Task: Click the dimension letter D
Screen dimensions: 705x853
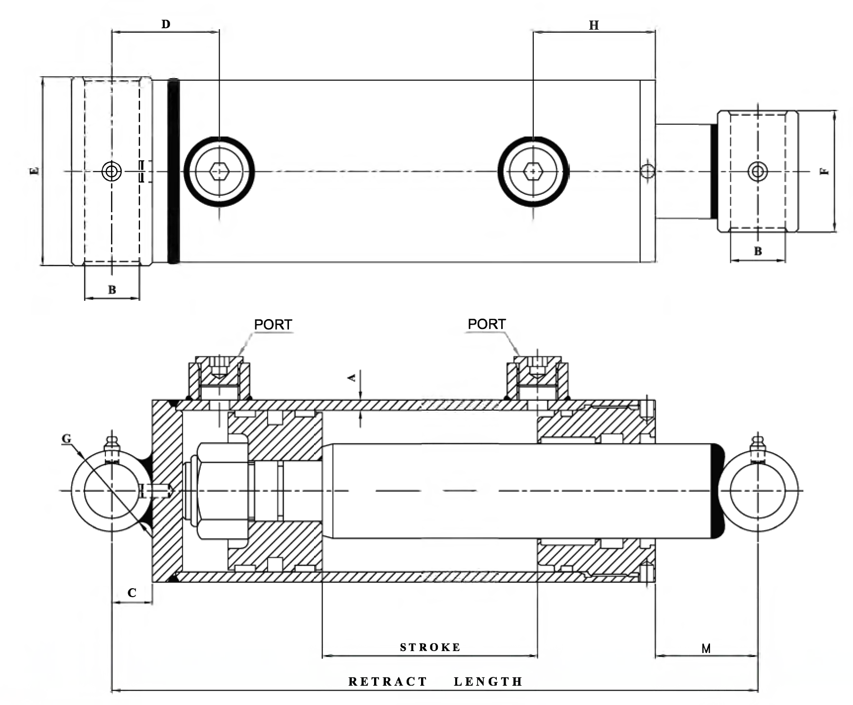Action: tap(165, 24)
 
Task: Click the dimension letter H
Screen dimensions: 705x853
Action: tap(593, 25)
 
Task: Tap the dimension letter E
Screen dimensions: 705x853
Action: tap(34, 171)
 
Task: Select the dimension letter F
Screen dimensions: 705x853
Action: tap(824, 171)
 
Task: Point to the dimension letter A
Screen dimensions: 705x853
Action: tap(352, 378)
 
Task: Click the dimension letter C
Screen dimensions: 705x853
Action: tap(132, 592)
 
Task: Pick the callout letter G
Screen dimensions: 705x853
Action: tap(66, 439)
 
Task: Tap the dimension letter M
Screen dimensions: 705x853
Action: tap(706, 648)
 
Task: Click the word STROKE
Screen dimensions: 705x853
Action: tap(429, 647)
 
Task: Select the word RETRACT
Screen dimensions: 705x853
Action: tap(387, 682)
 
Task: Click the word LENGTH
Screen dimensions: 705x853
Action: tap(488, 682)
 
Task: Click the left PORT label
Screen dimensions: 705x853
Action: tap(273, 324)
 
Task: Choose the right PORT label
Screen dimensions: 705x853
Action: tap(486, 324)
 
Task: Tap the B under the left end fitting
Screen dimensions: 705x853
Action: tap(112, 290)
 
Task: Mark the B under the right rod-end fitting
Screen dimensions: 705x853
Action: tap(758, 251)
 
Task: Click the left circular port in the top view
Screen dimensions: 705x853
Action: tap(219, 171)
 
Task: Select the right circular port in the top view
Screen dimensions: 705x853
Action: tap(533, 171)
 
